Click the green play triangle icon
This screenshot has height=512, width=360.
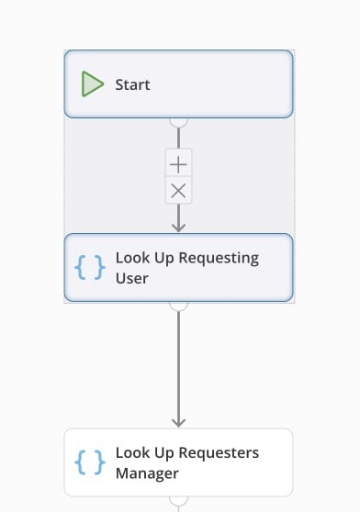click(x=92, y=83)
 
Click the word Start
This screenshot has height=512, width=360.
click(x=132, y=85)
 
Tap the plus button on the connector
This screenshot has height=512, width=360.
click(x=178, y=164)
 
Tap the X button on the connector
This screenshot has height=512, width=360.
click(x=178, y=191)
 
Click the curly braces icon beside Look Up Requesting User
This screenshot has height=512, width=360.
click(x=90, y=267)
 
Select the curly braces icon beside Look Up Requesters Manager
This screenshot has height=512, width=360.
click(x=90, y=462)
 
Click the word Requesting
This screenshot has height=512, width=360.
click(x=219, y=258)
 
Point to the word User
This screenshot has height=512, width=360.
click(x=132, y=278)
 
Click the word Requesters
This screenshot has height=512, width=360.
click(x=219, y=453)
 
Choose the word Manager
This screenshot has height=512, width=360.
click(x=147, y=473)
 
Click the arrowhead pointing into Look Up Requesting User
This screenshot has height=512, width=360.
click(x=178, y=228)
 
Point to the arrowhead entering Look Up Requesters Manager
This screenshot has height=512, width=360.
click(x=178, y=422)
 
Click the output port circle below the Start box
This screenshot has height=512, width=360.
click(x=178, y=122)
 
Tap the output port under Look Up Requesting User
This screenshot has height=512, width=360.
click(x=178, y=306)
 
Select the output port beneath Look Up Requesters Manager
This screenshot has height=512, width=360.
click(x=178, y=501)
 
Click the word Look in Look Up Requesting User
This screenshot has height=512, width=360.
click(x=132, y=258)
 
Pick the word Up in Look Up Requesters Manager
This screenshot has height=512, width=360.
click(x=164, y=453)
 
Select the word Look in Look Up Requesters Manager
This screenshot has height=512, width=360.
click(x=132, y=453)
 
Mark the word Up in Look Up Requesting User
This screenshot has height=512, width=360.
click(x=164, y=259)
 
